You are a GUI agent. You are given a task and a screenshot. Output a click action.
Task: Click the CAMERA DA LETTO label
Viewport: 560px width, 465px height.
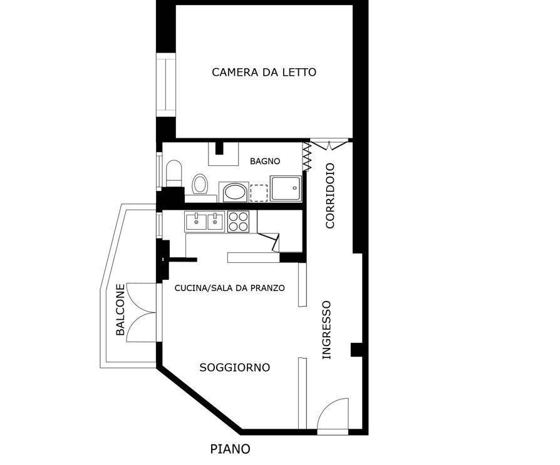264,72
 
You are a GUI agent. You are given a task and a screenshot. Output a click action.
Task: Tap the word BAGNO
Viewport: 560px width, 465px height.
265,161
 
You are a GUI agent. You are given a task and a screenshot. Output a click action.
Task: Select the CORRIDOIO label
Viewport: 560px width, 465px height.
330,195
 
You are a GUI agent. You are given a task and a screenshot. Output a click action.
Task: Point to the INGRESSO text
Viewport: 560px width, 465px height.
327,330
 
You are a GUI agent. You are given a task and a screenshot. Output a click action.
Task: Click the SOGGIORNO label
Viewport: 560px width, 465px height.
235,367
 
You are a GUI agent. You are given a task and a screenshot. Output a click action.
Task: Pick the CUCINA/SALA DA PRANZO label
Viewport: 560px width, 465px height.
230,288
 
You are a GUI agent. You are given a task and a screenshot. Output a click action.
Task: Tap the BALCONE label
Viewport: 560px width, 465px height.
121,310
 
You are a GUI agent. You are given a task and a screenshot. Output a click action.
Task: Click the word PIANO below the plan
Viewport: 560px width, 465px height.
230,449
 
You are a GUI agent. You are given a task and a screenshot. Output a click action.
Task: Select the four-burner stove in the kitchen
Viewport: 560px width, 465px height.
238,222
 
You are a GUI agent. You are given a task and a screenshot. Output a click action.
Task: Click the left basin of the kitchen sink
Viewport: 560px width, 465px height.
196,221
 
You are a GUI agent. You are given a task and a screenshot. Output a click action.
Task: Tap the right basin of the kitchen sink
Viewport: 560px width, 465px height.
215,221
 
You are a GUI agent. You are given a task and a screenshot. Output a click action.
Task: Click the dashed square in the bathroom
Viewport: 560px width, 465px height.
259,193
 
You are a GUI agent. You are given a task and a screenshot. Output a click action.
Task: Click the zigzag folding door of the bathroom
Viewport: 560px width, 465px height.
306,156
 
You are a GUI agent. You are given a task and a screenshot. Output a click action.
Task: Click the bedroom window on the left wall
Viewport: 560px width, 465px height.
166,85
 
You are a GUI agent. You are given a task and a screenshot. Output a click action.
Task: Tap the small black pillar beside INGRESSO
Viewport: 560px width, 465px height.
356,350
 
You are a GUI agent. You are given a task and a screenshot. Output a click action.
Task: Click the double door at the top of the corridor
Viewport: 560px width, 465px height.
329,145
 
